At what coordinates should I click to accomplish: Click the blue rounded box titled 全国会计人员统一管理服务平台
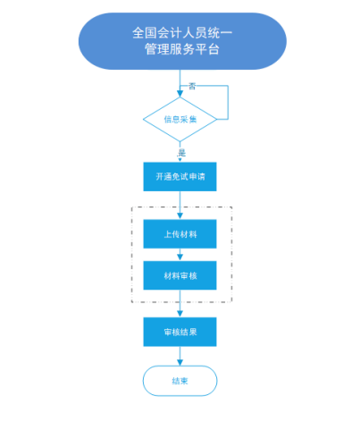coord(182,41)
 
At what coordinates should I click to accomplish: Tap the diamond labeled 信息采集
coord(180,119)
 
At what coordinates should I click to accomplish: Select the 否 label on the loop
coord(192,87)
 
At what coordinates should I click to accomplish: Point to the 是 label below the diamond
coord(181,153)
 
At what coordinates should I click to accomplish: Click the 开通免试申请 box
coord(180,177)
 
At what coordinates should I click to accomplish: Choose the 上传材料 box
coord(180,234)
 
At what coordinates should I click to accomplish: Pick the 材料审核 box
coord(180,275)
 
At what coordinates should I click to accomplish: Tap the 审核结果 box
coord(180,332)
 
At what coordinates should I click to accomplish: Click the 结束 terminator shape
coord(180,381)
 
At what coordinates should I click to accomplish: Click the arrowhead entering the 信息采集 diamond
coord(180,94)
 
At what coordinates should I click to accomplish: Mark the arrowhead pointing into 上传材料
coord(180,216)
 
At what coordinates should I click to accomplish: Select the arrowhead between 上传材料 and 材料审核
coord(180,257)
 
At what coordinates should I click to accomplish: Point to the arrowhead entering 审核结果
coord(180,314)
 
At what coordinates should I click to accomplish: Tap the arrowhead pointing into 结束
coord(180,362)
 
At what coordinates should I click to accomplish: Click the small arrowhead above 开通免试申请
coord(180,160)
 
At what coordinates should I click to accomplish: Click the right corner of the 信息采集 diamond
coord(217,119)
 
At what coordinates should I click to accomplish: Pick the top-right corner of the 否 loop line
coord(228,86)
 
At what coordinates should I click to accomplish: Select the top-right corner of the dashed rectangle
coord(231,207)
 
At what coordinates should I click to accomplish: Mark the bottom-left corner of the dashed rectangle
coord(132,302)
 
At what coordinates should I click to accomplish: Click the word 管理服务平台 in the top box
coord(182,49)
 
